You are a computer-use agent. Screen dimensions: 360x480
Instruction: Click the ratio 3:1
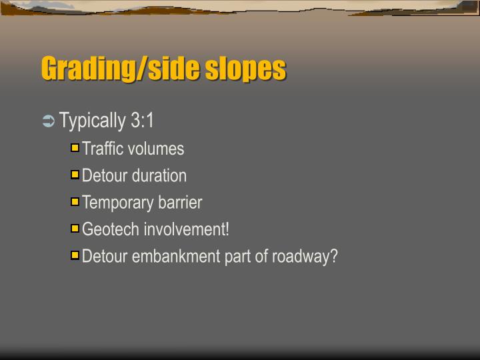click(x=142, y=121)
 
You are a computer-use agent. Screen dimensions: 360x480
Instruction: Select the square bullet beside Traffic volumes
click(x=75, y=148)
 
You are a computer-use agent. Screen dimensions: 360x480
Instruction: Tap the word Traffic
click(x=103, y=149)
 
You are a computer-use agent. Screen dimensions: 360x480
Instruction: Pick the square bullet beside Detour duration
click(x=75, y=175)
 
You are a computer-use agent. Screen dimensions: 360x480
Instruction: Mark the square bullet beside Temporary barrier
click(x=75, y=201)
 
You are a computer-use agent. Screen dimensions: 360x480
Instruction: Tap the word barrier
click(x=180, y=202)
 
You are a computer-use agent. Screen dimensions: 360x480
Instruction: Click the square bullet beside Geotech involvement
click(x=75, y=228)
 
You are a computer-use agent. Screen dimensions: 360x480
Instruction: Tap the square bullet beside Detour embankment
click(x=75, y=255)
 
